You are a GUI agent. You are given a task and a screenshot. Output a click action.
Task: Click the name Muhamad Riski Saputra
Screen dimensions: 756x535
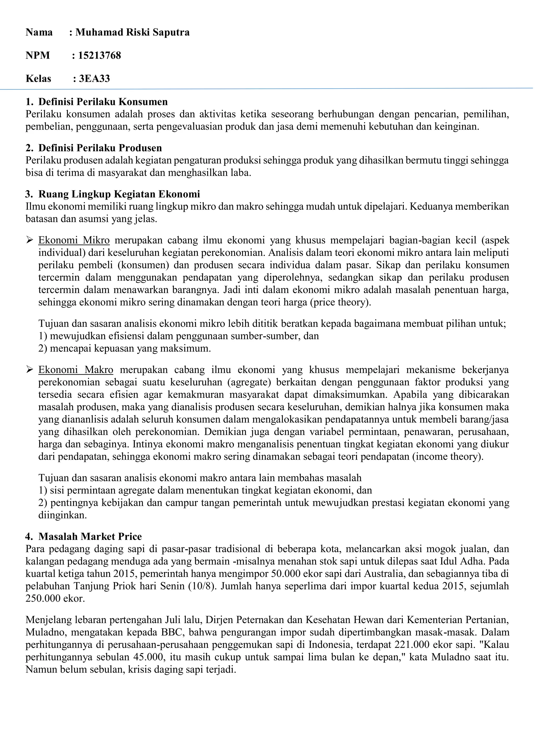point(132,32)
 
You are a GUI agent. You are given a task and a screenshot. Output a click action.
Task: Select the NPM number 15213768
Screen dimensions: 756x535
point(100,55)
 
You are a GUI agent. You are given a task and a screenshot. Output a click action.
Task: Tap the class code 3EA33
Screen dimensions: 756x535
point(94,79)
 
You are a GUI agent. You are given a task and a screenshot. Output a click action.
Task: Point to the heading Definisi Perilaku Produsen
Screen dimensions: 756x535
point(100,148)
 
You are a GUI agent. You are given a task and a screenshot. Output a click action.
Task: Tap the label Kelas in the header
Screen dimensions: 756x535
point(39,79)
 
